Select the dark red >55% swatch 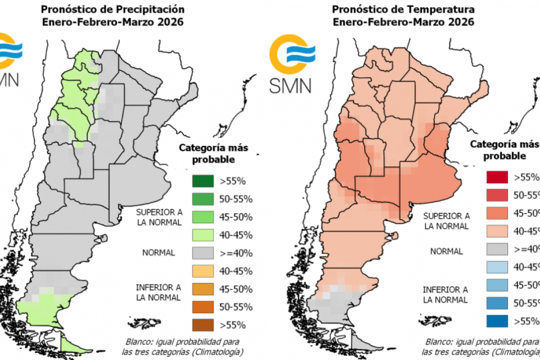tap(497, 177)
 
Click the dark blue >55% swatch tap(497, 320)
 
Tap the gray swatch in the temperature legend tap(497, 249)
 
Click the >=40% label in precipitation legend tap(236, 253)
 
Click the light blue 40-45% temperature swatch tap(497, 266)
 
